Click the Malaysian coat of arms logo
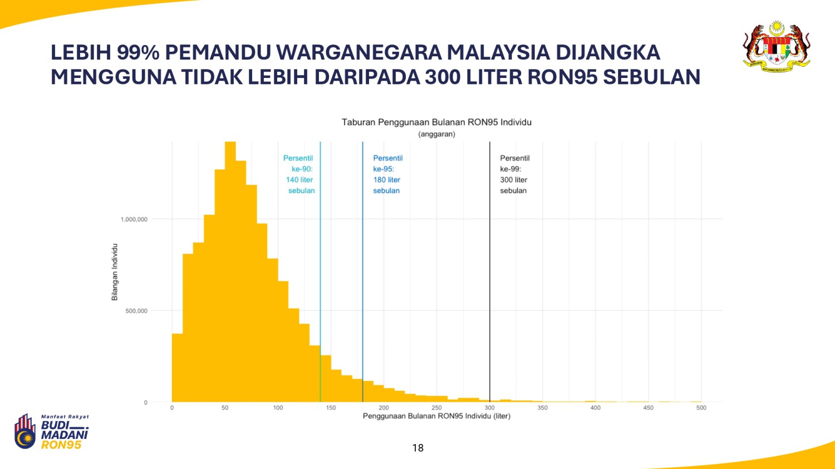[776, 47]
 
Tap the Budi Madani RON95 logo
[51, 432]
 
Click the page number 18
[417, 448]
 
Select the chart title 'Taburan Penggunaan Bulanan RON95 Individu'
[436, 122]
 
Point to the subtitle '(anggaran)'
[436, 134]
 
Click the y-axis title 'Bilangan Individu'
[115, 272]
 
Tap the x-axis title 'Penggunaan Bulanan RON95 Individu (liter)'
[436, 416]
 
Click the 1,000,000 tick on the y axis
[134, 219]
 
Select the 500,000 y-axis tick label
[136, 311]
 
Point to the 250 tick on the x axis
[436, 408]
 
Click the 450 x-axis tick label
[648, 408]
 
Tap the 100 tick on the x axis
[278, 408]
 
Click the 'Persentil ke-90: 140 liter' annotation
[299, 174]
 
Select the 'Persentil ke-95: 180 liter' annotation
[387, 174]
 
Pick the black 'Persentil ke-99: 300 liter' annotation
[514, 174]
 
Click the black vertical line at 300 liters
[490, 278]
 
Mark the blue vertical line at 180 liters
[362, 278]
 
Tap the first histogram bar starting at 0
[177, 367]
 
